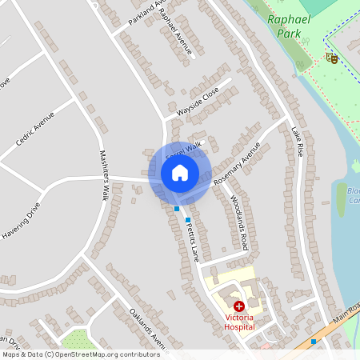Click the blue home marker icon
180,172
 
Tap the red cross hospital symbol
238,306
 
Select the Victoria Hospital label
238,321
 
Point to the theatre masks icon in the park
331,58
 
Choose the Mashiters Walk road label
104,176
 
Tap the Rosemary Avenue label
238,165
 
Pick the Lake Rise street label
298,142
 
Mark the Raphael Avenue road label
176,32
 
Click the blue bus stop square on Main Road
314,341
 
